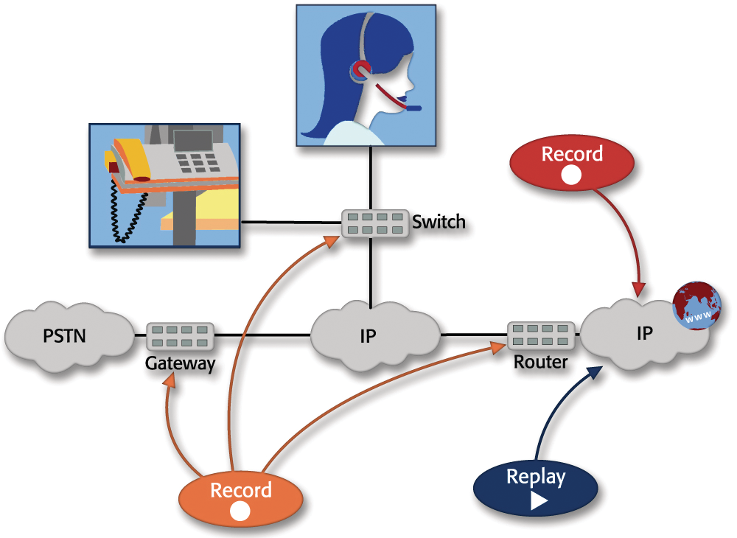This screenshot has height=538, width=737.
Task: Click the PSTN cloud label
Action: pos(65,337)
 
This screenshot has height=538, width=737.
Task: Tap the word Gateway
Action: pos(180,363)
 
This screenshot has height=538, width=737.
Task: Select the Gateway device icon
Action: pos(180,336)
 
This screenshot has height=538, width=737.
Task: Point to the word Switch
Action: pos(439,221)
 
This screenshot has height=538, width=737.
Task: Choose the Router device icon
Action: pos(541,335)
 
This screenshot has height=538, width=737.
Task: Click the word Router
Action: pos(541,362)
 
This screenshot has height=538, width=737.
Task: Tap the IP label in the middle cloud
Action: pos(368,336)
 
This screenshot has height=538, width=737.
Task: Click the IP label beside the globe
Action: pos(645,333)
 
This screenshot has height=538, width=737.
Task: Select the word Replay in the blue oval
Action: pos(536,477)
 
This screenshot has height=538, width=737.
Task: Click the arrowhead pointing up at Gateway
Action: pos(170,381)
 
